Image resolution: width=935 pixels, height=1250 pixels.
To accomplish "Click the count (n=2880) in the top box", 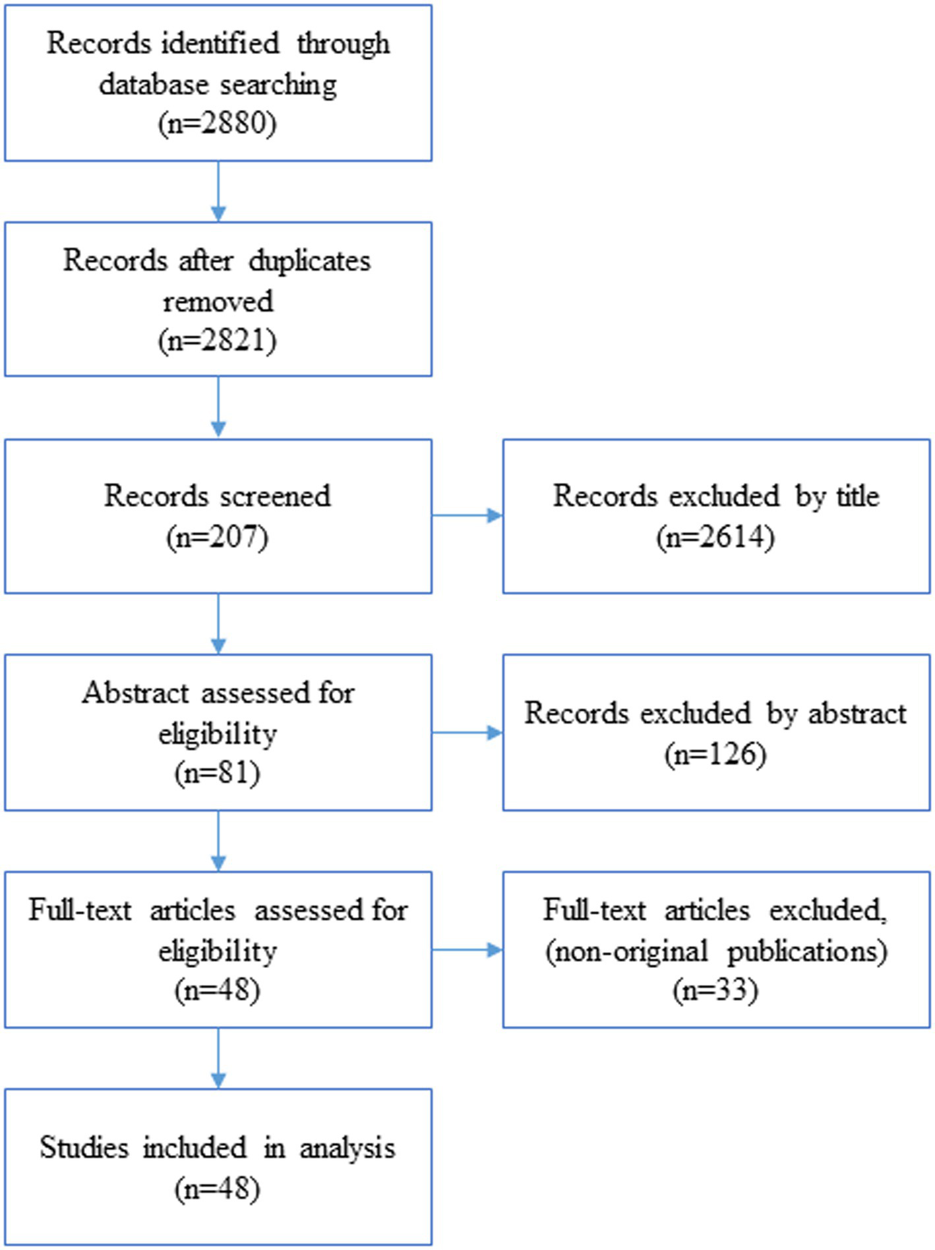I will coord(218,123).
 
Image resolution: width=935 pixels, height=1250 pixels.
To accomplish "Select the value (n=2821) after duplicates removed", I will coord(218,341).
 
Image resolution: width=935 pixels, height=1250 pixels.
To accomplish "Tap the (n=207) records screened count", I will coord(218,537).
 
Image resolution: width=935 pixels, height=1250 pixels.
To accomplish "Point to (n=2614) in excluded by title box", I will coord(715,537).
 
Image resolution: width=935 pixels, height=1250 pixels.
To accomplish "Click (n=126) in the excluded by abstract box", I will coord(715,754).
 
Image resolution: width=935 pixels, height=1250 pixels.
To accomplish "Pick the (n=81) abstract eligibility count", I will coord(218,772).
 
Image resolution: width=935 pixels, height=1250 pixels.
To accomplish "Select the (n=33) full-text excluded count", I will coord(715,990).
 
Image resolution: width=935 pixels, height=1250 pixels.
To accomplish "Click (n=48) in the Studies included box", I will coord(218,1189).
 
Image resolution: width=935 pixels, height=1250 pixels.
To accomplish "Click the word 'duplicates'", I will coord(310,262).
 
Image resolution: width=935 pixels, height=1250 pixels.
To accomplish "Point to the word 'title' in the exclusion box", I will coord(858,496).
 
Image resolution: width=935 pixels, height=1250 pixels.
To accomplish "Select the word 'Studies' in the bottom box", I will coord(84,1148).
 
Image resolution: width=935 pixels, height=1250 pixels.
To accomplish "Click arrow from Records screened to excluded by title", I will coord(467,515).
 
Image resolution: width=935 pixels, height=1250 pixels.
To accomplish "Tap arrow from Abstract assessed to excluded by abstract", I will coord(467,733).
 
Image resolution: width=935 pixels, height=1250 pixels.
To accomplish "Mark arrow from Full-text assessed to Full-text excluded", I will coord(467,950).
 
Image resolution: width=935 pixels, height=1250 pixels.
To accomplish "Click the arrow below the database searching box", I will coord(218,191).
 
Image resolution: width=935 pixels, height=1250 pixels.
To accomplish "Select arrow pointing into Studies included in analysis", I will coord(218,1058).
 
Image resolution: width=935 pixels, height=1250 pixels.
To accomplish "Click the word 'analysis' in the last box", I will coord(347,1148).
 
